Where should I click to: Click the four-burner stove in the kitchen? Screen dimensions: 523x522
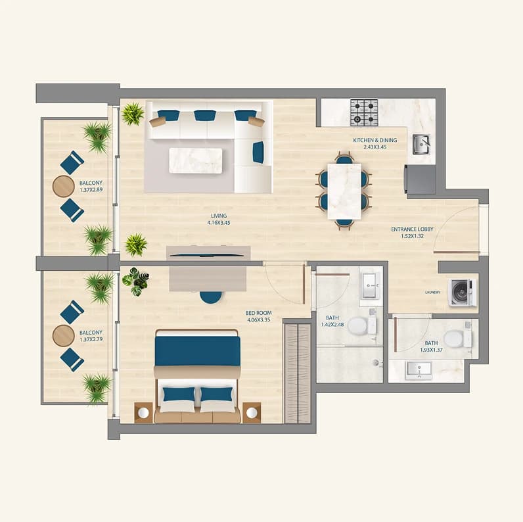[364, 112]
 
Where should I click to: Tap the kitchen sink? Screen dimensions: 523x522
[421, 144]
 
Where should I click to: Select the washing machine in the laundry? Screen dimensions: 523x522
[462, 293]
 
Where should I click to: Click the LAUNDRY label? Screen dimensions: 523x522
[432, 293]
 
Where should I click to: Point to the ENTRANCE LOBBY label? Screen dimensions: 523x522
[412, 229]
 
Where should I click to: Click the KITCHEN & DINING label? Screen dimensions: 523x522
[375, 140]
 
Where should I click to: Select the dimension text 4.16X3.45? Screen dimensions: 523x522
[219, 223]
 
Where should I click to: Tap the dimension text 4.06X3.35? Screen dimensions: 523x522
[258, 320]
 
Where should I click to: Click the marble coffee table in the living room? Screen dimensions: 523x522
[195, 160]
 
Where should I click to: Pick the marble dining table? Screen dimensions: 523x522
[344, 191]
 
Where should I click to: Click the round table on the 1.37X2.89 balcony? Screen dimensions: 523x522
[63, 186]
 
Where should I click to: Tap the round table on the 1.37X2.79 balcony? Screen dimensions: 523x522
[63, 336]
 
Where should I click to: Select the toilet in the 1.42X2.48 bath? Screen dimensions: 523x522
[362, 325]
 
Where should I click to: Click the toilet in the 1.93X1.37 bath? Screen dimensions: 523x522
[457, 339]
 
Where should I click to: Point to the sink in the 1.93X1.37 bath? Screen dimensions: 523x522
[419, 371]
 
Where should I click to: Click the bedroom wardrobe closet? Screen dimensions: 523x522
[297, 373]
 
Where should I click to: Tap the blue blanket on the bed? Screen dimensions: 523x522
[198, 351]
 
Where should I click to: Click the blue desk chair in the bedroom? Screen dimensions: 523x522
[211, 297]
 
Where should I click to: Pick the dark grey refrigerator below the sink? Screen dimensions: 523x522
[421, 179]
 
